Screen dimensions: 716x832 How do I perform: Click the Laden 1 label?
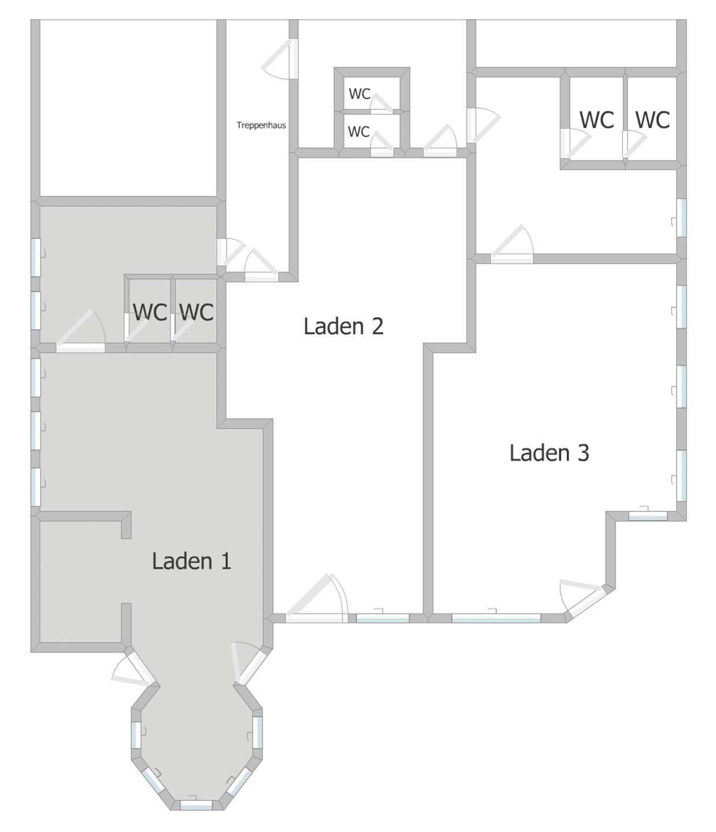point(191,561)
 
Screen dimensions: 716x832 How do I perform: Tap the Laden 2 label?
point(344,326)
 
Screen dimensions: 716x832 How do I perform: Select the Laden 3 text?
point(549,453)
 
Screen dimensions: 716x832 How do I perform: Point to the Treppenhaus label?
point(261,125)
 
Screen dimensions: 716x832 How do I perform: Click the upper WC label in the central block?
point(359,94)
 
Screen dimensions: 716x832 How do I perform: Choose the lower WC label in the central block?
point(359,132)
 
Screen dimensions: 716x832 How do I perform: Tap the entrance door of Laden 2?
point(317,599)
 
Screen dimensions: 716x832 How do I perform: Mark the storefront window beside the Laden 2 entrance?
point(382,618)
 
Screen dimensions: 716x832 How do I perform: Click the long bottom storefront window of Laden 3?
point(496,618)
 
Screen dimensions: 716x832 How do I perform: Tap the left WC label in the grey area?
point(150,312)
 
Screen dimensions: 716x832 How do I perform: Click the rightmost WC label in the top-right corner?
point(652,120)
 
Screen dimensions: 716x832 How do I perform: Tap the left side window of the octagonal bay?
point(136,734)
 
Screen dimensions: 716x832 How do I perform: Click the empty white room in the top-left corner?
point(128,108)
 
